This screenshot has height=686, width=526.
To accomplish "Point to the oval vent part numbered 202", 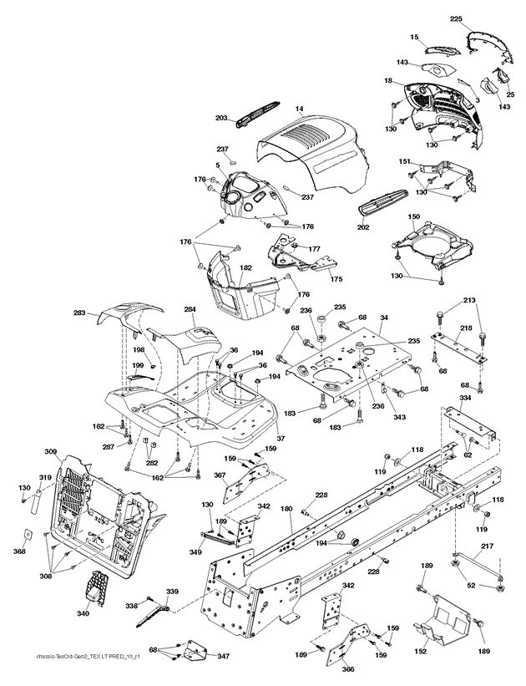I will (x=383, y=206).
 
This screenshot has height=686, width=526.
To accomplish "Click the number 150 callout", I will (x=414, y=217).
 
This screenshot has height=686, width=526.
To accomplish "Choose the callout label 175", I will (x=336, y=278).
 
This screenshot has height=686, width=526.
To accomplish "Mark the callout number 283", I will (x=80, y=313).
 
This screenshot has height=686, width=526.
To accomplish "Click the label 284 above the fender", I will (x=190, y=310).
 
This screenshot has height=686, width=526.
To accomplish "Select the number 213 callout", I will (x=469, y=299).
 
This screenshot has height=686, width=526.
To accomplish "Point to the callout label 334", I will (x=464, y=399).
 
